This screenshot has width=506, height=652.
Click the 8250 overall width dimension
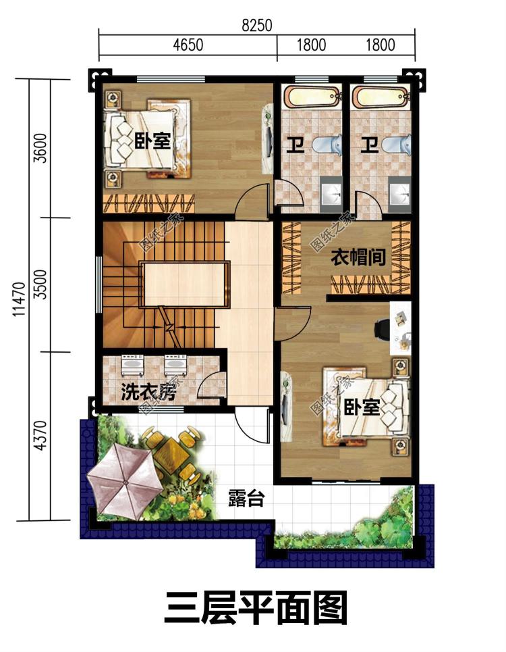coord(257,26)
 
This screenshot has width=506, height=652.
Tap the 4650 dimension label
coord(188,45)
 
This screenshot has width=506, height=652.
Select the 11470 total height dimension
coord(20,299)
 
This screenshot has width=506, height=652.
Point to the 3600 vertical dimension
coord(40,148)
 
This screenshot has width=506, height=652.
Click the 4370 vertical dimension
coord(40,435)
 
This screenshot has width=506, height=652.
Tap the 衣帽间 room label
coord(358,257)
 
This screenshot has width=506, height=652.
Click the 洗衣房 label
coord(149,391)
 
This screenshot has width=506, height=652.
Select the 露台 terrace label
coord(246,498)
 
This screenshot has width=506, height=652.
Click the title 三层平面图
coord(256,609)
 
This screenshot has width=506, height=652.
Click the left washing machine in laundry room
coord(132,366)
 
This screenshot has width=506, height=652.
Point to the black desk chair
coord(381,328)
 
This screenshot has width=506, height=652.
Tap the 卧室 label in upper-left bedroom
coord(152,141)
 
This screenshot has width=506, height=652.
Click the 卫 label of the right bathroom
coord(369,145)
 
